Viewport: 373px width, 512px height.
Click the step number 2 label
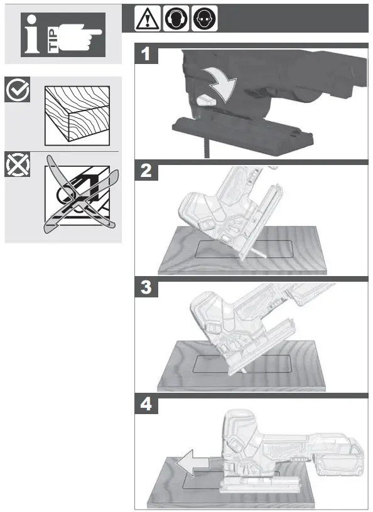(146, 171)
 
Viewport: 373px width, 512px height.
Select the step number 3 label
(146, 289)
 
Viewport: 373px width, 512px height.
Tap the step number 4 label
(146, 405)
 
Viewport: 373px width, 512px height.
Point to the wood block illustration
(76, 114)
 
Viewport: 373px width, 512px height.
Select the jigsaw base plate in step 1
(242, 133)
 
